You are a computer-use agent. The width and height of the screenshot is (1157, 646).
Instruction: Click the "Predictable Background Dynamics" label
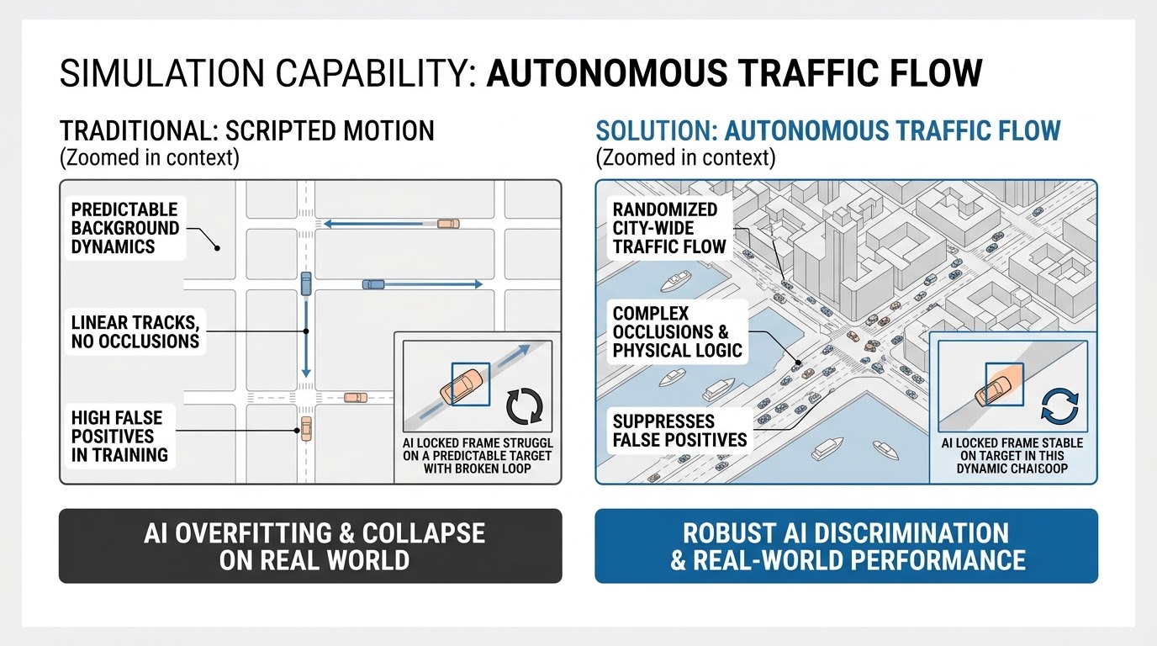(x=125, y=228)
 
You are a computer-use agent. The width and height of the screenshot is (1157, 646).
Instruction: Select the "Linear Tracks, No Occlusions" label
(x=135, y=331)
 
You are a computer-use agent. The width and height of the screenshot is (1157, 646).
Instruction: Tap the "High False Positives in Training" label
(x=119, y=437)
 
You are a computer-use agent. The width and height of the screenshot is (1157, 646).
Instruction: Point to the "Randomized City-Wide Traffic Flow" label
(x=669, y=228)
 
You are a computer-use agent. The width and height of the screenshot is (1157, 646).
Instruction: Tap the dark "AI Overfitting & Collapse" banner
(x=310, y=546)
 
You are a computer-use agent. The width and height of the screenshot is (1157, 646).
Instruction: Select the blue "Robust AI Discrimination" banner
(x=846, y=546)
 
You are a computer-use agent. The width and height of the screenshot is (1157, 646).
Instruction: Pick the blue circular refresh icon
(x=1059, y=405)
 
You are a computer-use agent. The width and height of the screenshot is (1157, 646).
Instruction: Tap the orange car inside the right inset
(x=993, y=390)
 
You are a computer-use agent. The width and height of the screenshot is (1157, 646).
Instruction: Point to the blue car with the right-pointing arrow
(x=373, y=284)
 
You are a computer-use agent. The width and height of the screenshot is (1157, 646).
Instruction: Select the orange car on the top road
(x=448, y=224)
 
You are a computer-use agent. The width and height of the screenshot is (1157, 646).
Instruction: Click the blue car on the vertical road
(x=306, y=283)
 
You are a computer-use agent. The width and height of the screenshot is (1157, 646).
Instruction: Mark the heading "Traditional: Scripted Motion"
(x=247, y=131)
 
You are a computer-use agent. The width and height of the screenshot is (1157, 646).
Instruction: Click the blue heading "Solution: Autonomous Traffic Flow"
(x=828, y=131)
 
